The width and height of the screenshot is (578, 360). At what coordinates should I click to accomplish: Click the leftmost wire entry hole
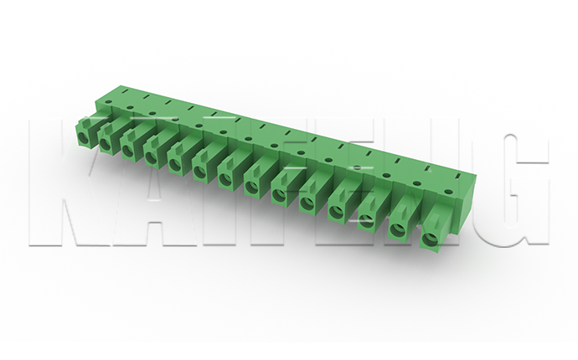(x=84, y=137)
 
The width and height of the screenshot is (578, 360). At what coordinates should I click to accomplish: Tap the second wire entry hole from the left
(x=105, y=144)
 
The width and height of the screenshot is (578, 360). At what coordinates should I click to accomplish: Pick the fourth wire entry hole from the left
(x=152, y=157)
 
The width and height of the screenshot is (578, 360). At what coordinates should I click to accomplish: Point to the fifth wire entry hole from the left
(x=175, y=164)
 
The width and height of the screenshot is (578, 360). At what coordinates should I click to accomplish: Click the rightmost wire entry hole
(x=429, y=239)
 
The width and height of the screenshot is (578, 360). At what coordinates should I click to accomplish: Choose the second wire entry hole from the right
(x=398, y=230)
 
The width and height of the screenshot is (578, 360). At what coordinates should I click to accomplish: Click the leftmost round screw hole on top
(x=107, y=101)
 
